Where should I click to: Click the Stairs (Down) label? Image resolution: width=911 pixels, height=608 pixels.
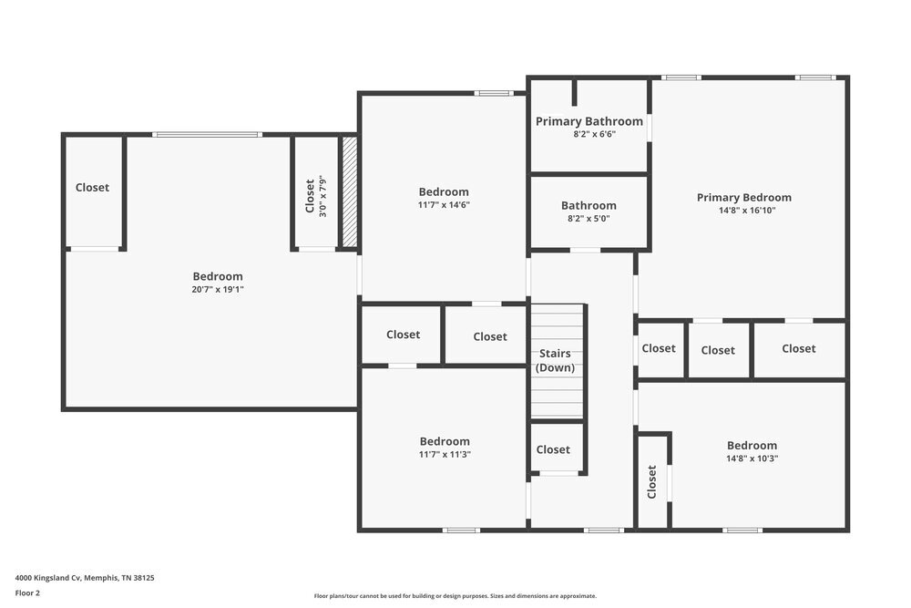coord(554,360)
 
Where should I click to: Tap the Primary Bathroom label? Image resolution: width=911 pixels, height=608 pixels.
coord(589,121)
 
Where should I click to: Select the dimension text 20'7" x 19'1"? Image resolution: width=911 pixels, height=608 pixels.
coord(218,290)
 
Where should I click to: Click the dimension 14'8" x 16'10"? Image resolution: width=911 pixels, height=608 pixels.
coord(743,211)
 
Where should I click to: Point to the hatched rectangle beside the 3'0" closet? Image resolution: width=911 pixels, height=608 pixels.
coord(349,192)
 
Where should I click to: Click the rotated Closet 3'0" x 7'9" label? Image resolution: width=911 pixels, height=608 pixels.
coord(314,195)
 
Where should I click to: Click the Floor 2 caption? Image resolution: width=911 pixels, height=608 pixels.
coord(28,593)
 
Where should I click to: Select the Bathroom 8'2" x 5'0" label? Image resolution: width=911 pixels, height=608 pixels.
coord(589,211)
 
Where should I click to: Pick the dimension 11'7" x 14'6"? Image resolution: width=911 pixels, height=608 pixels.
coord(444,205)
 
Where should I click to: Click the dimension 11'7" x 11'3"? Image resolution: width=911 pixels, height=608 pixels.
coord(445,454)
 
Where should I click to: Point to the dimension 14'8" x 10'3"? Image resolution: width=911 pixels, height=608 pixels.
coord(752,459)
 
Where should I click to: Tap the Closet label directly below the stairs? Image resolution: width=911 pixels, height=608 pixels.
coord(553,449)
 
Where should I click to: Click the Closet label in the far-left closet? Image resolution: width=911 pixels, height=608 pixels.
coord(92,188)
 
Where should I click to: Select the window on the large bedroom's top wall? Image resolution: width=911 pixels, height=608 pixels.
coord(207,135)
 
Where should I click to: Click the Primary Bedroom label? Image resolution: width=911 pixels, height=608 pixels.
coord(743,197)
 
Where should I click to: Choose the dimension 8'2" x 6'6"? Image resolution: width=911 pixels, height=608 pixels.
coord(589,134)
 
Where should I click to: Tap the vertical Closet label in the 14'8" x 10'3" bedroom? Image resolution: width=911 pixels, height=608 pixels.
coord(652,481)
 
